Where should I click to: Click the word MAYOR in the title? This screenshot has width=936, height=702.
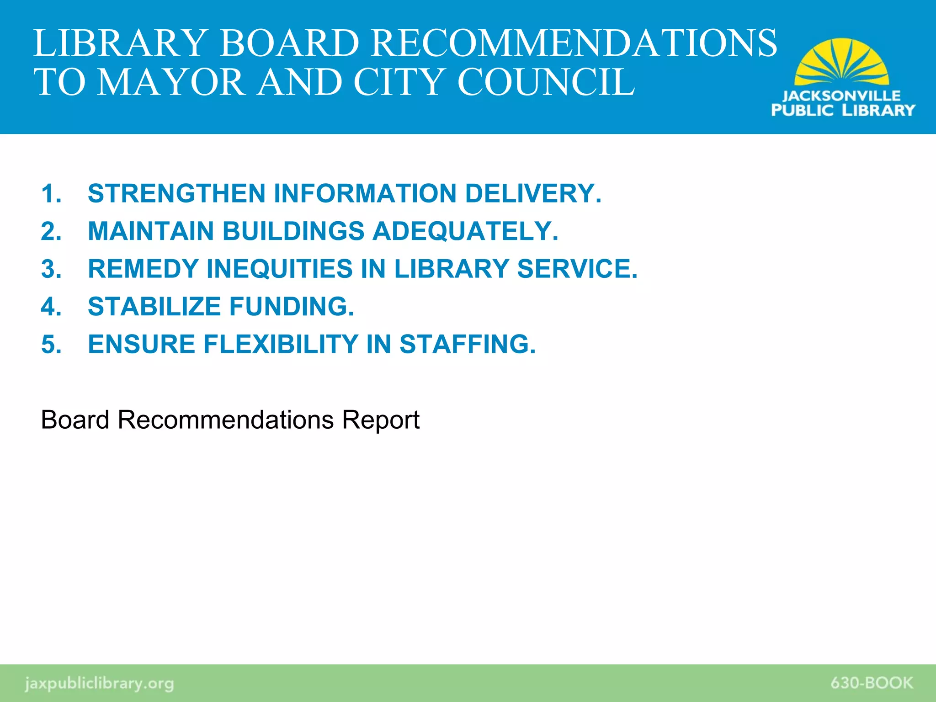(x=171, y=82)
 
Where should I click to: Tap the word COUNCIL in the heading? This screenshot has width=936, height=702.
(x=546, y=82)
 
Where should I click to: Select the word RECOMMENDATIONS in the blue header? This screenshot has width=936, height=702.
(x=574, y=43)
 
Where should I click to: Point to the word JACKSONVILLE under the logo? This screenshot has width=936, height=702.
(x=841, y=96)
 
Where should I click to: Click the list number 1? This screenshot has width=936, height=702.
(x=51, y=193)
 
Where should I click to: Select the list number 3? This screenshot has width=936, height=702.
(x=51, y=269)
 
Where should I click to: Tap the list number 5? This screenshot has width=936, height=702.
(x=51, y=344)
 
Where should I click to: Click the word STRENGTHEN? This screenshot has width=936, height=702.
(x=176, y=193)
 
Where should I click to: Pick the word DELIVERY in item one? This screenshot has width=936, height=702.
(x=533, y=193)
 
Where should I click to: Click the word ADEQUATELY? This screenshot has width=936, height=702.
(x=465, y=231)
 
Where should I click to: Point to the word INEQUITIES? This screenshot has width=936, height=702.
(x=280, y=269)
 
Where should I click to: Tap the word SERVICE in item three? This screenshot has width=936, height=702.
(x=577, y=269)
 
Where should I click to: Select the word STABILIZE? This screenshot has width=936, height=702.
(x=154, y=306)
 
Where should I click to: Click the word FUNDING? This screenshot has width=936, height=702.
(x=292, y=306)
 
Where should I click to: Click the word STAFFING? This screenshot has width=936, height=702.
(x=467, y=344)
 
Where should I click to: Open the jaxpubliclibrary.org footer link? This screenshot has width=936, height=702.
(x=99, y=683)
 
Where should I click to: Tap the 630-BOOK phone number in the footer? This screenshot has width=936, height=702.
(x=872, y=683)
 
